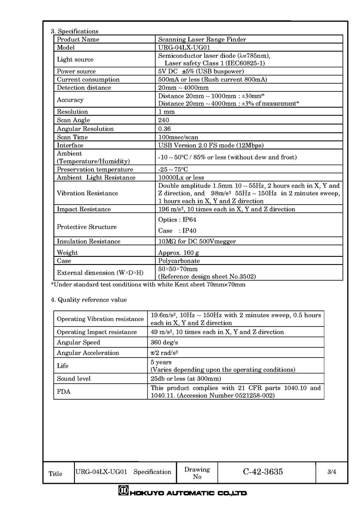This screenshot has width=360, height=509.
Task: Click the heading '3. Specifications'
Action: click(74, 31)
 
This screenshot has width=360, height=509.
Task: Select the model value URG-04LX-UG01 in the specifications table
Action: click(183, 48)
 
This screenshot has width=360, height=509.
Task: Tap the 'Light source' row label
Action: click(75, 60)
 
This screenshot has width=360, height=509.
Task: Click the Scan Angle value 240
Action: click(163, 120)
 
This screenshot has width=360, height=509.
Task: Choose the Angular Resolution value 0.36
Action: click(164, 129)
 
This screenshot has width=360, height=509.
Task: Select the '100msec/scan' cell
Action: click(178, 137)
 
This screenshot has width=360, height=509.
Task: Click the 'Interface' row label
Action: click(70, 145)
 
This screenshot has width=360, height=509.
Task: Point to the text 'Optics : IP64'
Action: click(177, 220)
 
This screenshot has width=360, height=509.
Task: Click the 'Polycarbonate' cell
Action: click(179, 261)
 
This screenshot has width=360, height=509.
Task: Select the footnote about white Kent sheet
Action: click(148, 284)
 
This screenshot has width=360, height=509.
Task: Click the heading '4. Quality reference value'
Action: click(89, 300)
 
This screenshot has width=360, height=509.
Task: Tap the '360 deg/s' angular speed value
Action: click(164, 342)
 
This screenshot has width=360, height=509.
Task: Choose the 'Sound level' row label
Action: click(74, 378)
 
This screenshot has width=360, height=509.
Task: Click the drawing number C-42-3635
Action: click(263, 472)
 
